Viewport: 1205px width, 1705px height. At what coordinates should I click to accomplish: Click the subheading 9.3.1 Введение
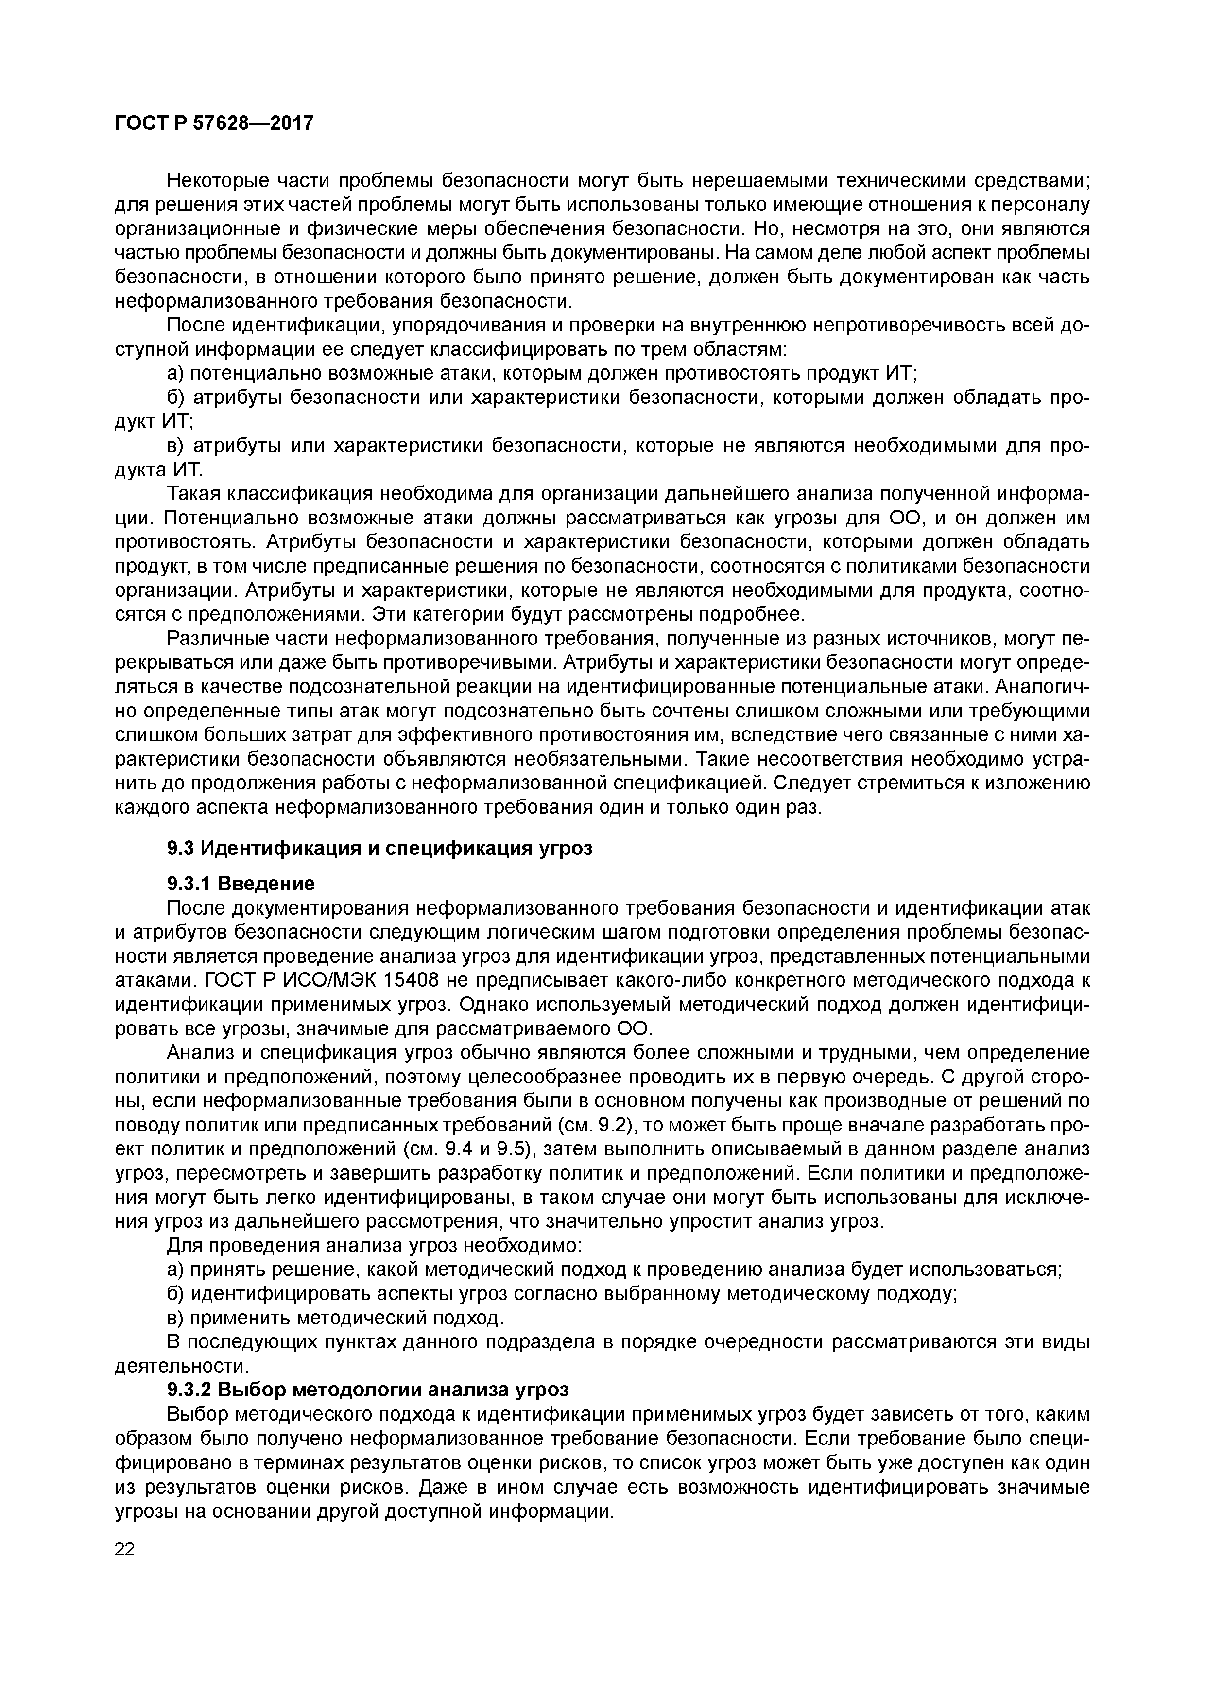[x=241, y=884]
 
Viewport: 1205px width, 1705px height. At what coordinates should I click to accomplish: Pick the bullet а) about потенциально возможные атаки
[x=177, y=374]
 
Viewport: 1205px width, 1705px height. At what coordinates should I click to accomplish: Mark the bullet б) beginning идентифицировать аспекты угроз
[x=177, y=1294]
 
